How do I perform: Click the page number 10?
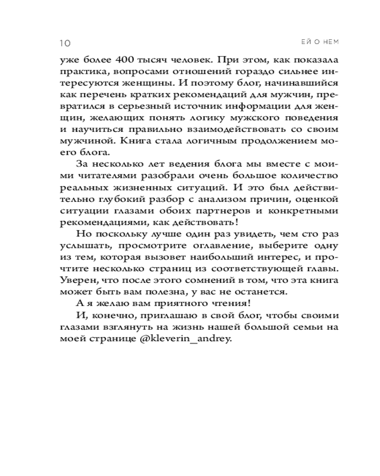pyautogui.click(x=65, y=43)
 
